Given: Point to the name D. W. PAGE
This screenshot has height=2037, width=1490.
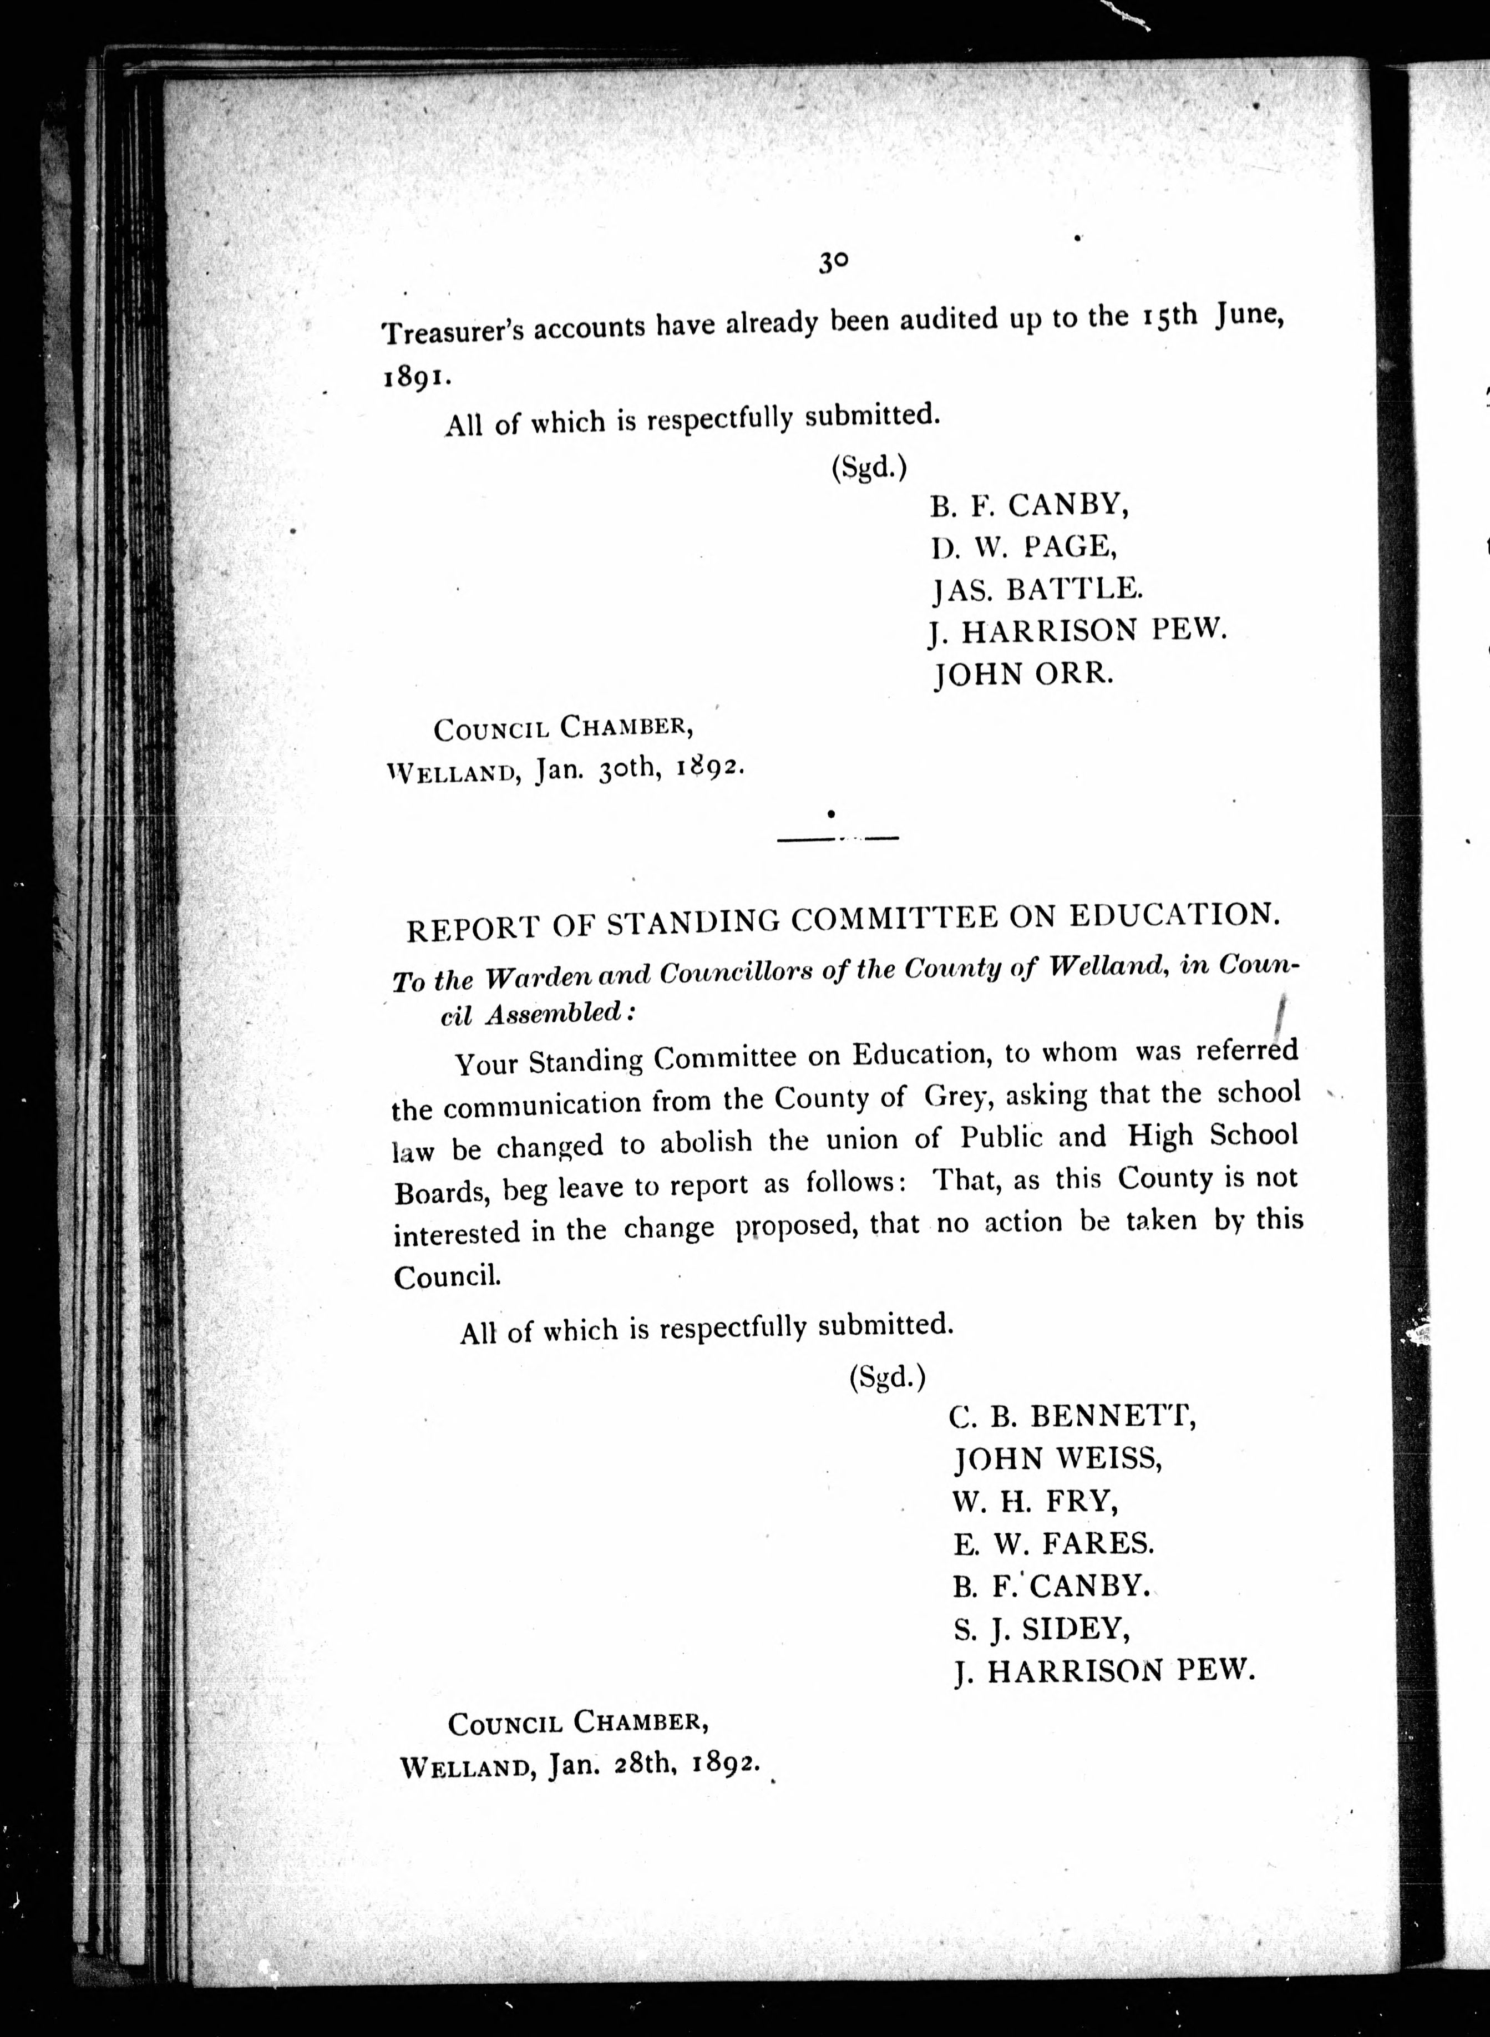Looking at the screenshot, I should click(1023, 546).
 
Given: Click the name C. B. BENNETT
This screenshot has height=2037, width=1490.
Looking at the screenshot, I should click(1072, 1417).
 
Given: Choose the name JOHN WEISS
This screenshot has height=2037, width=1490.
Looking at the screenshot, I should click(1058, 1459).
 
